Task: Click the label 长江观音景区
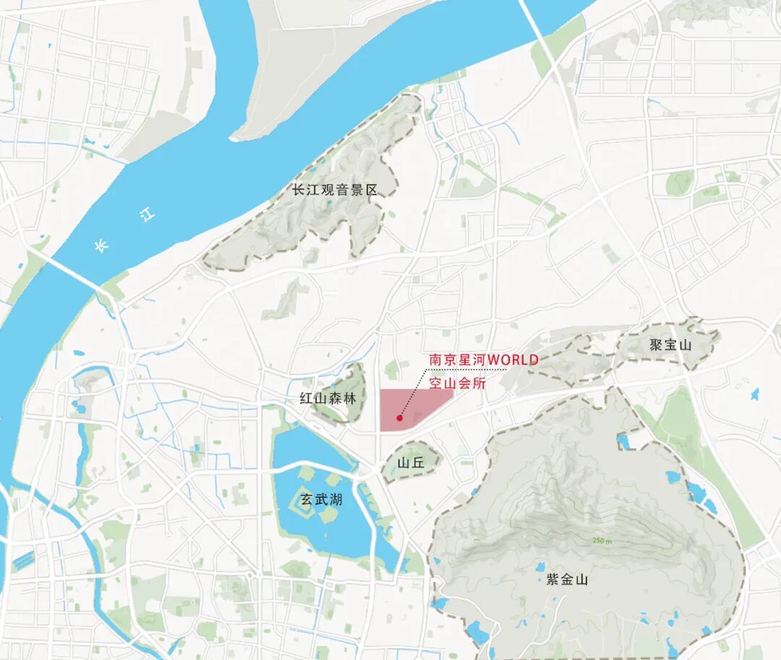335,191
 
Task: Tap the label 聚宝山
670,345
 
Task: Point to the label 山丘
410,463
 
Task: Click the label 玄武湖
321,500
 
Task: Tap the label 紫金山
567,579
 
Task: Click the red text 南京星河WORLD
484,359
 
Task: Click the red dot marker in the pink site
399,418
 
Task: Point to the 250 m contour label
602,541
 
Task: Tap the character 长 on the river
101,247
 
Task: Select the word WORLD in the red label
514,359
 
